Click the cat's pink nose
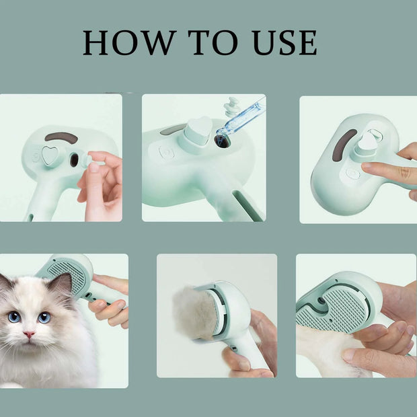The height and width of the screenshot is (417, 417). tap(30, 334)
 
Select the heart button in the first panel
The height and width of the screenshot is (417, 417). tap(50, 155)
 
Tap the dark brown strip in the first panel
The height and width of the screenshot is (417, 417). tap(61, 137)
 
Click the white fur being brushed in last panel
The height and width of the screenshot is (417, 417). tap(323, 350)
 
